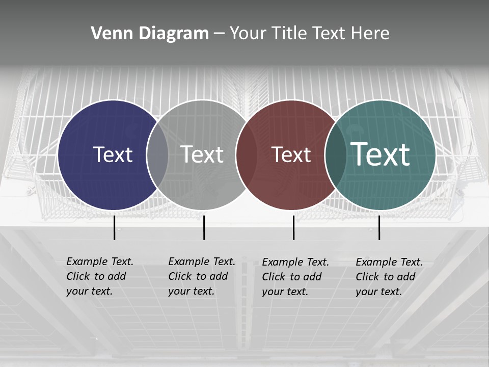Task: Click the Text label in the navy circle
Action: pyautogui.click(x=113, y=154)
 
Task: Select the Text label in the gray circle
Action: pyautogui.click(x=202, y=154)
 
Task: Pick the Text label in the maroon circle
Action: pyautogui.click(x=291, y=155)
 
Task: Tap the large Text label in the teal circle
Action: pyautogui.click(x=380, y=154)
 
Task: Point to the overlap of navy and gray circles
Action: pyautogui.click(x=157, y=155)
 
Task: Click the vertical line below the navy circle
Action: pyautogui.click(x=115, y=227)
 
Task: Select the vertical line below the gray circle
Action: pyautogui.click(x=204, y=227)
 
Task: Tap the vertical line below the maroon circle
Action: pyautogui.click(x=294, y=227)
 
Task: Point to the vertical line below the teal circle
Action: pyautogui.click(x=379, y=227)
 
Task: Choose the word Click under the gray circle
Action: pyautogui.click(x=180, y=277)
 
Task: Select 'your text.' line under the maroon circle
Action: pyautogui.click(x=285, y=292)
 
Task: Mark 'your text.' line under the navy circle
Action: pyautogui.click(x=89, y=292)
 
